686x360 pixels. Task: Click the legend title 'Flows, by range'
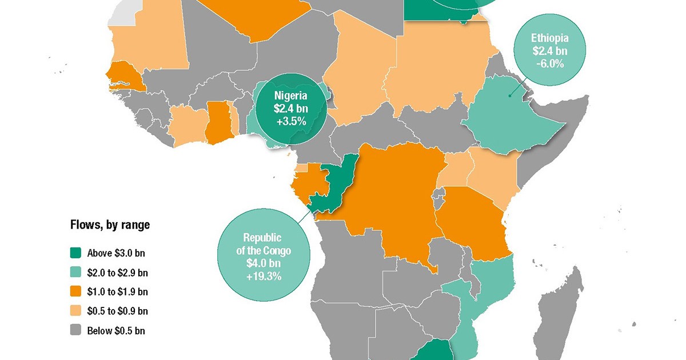(110, 225)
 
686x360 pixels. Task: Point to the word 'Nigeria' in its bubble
(290, 95)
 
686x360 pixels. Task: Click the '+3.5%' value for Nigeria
(290, 121)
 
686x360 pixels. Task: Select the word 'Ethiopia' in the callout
(550, 38)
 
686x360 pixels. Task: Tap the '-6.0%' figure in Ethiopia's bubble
(550, 64)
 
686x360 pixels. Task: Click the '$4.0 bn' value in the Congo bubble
(264, 265)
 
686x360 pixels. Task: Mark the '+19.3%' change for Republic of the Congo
(264, 278)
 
